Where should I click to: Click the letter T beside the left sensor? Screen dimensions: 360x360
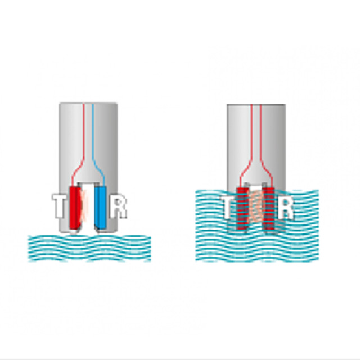coord(58,206)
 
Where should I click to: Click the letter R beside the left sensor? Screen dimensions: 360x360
coord(118,206)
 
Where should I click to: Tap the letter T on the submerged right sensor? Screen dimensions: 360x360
coord(228,207)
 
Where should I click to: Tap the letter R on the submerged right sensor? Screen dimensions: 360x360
coord(285,207)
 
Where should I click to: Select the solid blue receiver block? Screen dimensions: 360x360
coord(101,208)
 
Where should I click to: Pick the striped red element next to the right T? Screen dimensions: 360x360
coord(242,208)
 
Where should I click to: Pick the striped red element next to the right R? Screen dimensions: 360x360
coord(269,208)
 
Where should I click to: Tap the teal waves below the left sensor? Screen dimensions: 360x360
coord(89,248)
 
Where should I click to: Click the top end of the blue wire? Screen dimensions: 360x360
coord(92,104)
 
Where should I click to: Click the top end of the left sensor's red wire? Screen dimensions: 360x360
coord(84,104)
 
